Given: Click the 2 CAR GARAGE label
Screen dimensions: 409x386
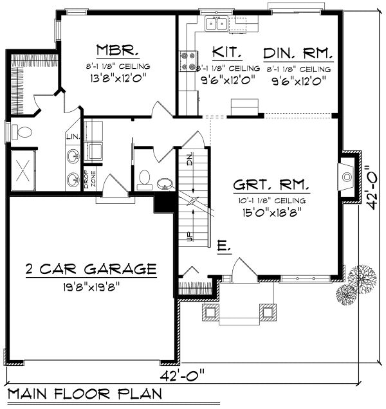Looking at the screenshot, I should click(x=91, y=268).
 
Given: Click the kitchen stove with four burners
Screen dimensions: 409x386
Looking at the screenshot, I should click(x=189, y=61).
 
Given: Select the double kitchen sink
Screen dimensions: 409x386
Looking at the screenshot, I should click(x=216, y=24).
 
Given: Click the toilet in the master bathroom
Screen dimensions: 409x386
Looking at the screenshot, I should click(x=24, y=133).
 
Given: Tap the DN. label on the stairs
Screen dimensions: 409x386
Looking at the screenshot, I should click(x=190, y=160).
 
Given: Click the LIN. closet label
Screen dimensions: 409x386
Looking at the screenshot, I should click(x=71, y=137).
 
